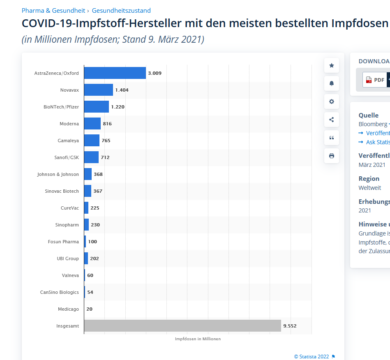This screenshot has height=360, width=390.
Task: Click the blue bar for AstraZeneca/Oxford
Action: tap(115, 73)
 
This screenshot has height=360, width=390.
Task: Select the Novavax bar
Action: tap(99, 90)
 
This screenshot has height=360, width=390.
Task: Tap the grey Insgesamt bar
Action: tap(182, 326)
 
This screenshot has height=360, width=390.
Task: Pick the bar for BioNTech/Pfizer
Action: tap(97, 107)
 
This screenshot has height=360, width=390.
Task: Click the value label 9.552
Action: tap(290, 326)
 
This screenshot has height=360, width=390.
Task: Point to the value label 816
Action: tap(107, 124)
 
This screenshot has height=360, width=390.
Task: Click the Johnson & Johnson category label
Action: tap(58, 174)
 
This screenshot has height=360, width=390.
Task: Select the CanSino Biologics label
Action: tap(59, 292)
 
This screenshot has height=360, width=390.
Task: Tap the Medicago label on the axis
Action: tap(68, 309)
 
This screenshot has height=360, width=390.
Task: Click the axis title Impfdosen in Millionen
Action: tap(198, 339)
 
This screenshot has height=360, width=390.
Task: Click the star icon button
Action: tap(332, 66)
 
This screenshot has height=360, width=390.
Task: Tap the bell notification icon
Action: tap(332, 83)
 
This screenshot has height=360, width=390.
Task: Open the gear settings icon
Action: tap(332, 102)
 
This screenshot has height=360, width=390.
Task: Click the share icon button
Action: tap(332, 120)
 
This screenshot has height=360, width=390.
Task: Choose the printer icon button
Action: tap(332, 156)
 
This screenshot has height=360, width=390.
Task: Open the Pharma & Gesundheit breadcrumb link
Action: tap(53, 11)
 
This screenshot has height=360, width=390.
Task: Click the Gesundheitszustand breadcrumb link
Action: tap(121, 11)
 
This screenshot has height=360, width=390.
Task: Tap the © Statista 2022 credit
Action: tap(312, 356)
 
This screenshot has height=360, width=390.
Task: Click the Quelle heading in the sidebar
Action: tap(369, 115)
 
